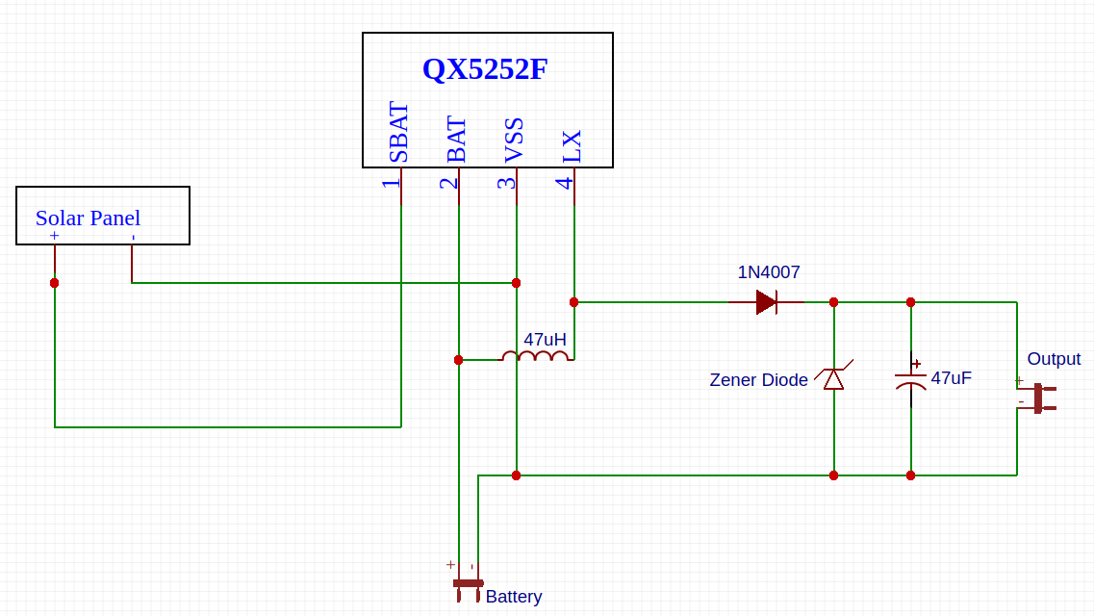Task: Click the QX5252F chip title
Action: pos(485,69)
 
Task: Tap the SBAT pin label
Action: pos(398,133)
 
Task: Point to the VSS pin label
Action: pos(514,141)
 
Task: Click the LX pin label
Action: pos(572,146)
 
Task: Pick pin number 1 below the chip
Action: pos(390,182)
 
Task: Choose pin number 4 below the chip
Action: pos(564,182)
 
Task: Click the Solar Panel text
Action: pos(88,218)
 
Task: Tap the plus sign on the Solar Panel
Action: pos(54,236)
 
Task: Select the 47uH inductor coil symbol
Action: pos(535,356)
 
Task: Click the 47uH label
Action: pos(545,339)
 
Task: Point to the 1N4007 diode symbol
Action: pos(767,302)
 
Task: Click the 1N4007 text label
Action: pos(769,272)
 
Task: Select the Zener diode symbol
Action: pos(833,378)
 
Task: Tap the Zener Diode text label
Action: pos(758,380)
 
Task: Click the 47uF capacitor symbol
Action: pos(910,379)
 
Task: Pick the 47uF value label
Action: pos(951,378)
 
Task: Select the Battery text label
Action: pos(513,597)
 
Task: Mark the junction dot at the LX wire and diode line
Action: pos(574,302)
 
